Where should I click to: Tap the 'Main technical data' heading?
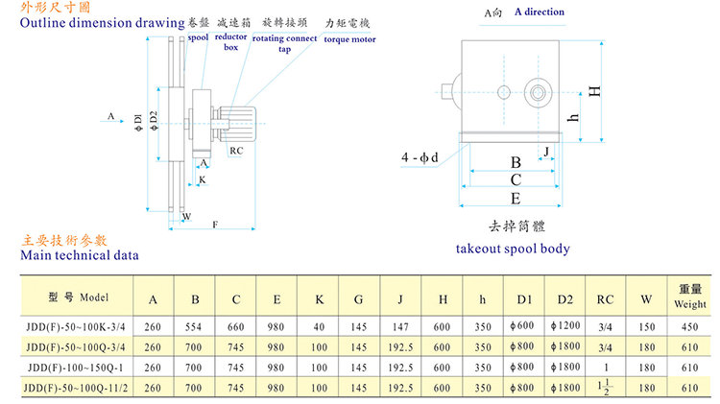pyautogui.click(x=80, y=255)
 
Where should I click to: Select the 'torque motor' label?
pyautogui.click(x=348, y=41)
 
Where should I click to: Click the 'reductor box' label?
pyautogui.click(x=230, y=41)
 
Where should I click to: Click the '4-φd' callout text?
pyautogui.click(x=420, y=156)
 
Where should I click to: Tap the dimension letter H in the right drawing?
pyautogui.click(x=595, y=91)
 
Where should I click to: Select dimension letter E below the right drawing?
pyautogui.click(x=516, y=199)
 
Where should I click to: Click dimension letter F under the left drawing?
pyautogui.click(x=213, y=225)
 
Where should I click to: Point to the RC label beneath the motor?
pyautogui.click(x=235, y=151)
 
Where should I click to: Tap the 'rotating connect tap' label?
pyautogui.click(x=284, y=43)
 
